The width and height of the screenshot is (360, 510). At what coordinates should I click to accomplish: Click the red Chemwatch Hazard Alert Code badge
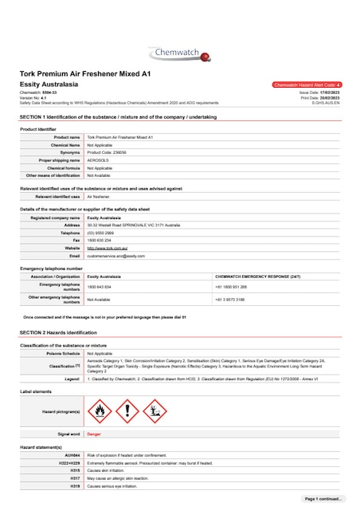(307, 84)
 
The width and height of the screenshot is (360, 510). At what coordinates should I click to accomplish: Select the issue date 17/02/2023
(328, 92)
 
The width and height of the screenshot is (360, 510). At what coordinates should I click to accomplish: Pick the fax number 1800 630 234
(99, 240)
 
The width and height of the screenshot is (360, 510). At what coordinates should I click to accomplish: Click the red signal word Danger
(94, 434)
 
